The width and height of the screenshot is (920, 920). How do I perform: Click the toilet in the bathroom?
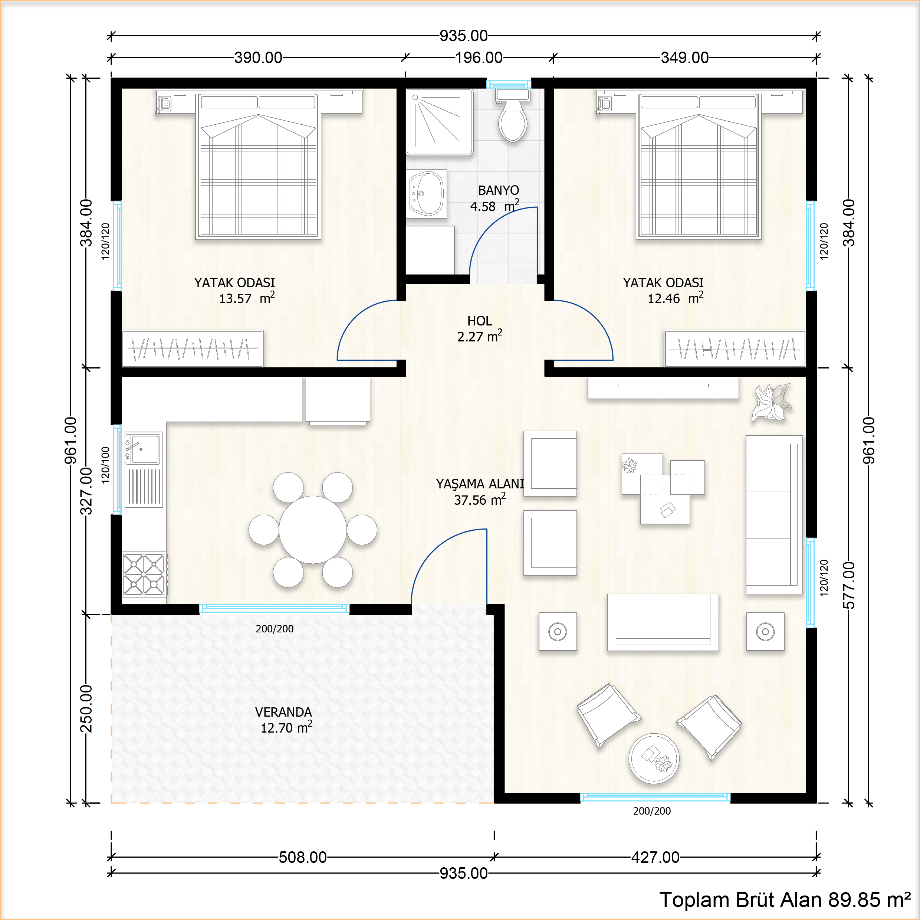click(x=512, y=119)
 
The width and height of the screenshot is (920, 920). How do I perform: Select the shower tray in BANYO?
click(x=439, y=122)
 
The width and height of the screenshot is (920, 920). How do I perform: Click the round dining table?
click(x=312, y=530)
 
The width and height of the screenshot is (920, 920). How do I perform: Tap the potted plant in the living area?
click(x=772, y=403)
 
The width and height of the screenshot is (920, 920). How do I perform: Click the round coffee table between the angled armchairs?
click(x=654, y=758)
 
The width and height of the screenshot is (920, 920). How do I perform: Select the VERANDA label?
click(x=283, y=712)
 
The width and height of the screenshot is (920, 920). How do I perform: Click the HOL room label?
click(x=479, y=321)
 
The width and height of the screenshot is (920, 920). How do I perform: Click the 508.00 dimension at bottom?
click(x=302, y=857)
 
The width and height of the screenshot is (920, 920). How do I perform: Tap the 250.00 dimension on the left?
click(x=86, y=708)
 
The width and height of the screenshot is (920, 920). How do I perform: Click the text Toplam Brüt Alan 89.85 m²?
click(x=785, y=900)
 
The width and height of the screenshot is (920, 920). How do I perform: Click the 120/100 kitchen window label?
click(x=105, y=465)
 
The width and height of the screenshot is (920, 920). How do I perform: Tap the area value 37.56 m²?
click(x=479, y=500)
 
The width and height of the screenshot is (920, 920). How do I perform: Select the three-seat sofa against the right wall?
click(x=773, y=514)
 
